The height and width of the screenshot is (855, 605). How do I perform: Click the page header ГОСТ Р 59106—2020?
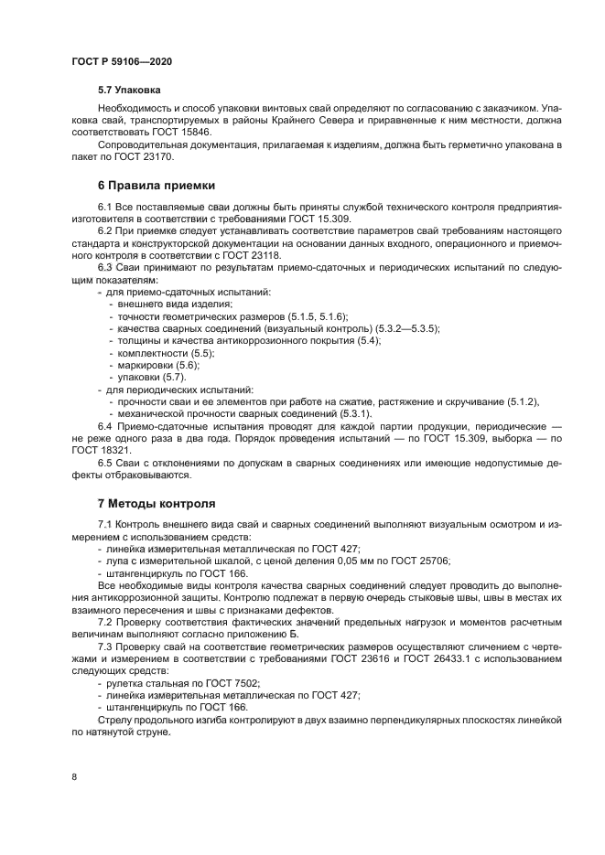[x=122, y=61]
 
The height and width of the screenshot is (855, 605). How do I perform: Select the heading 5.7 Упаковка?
[x=129, y=91]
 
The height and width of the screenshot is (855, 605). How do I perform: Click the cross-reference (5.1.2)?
[x=522, y=402]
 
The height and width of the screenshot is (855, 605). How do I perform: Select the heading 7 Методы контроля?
[x=157, y=503]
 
